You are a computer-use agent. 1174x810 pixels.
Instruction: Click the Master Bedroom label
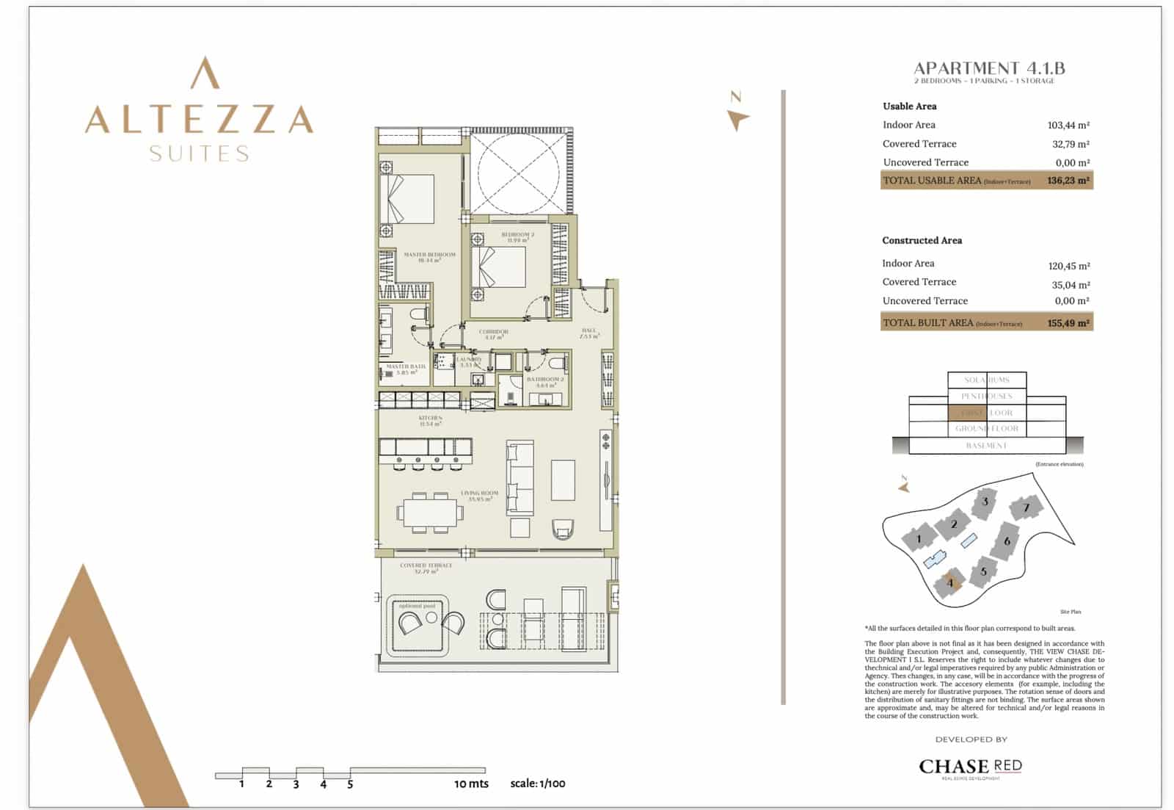tap(429, 257)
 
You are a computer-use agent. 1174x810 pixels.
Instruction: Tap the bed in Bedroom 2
tap(499, 267)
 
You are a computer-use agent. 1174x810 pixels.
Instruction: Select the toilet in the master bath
tap(418, 315)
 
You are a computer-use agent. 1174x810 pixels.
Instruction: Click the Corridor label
tap(493, 334)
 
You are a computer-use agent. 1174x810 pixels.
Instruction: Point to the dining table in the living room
tap(431, 513)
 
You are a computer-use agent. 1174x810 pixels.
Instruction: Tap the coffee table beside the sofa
tap(563, 480)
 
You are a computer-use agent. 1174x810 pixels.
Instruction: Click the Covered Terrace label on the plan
tap(426, 568)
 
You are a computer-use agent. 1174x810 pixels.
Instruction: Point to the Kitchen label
tap(430, 420)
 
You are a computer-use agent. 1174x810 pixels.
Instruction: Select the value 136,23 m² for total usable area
tap(1068, 180)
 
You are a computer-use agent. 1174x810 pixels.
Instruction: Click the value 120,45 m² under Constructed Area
tap(1068, 266)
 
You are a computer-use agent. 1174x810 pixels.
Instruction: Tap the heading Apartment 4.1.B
tap(988, 68)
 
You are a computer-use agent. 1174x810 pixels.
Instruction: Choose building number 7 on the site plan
tap(1025, 507)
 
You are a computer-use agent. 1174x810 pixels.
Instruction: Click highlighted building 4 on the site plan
tap(949, 583)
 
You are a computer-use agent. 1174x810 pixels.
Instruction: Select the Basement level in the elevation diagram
tap(986, 446)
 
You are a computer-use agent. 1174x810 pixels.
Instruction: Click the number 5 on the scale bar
tap(350, 784)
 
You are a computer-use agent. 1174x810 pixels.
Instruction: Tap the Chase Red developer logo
tap(970, 767)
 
